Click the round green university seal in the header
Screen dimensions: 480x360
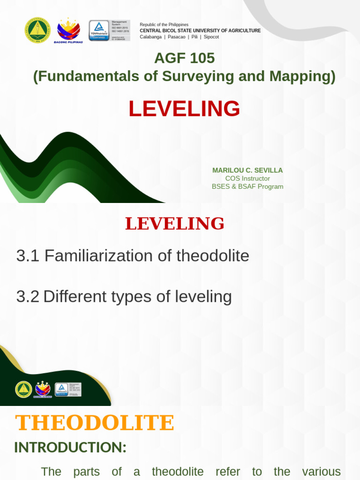(37, 30)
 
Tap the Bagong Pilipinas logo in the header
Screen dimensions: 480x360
(68, 30)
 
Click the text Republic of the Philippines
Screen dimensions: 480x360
(164, 24)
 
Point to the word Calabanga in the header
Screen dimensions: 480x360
(150, 37)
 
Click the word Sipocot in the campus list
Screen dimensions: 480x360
(211, 37)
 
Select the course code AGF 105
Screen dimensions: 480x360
(184, 58)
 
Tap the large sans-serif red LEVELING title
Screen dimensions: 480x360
(184, 109)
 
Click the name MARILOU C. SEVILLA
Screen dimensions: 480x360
(247, 170)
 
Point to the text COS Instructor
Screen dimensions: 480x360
(247, 178)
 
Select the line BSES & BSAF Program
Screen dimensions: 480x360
(247, 186)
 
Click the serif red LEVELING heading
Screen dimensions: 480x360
(174, 224)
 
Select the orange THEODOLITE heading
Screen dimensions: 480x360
(95, 423)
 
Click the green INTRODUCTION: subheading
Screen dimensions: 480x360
(70, 448)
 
